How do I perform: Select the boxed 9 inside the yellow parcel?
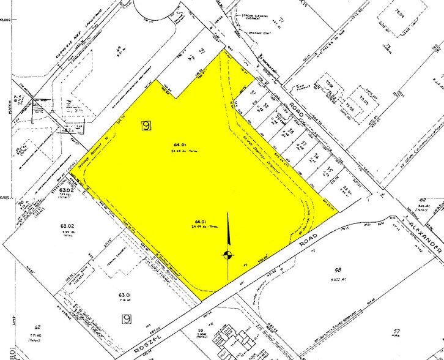(146, 126)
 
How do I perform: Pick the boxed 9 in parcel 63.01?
(127, 318)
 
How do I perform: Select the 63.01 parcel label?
(124, 296)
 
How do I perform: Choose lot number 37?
(303, 145)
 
